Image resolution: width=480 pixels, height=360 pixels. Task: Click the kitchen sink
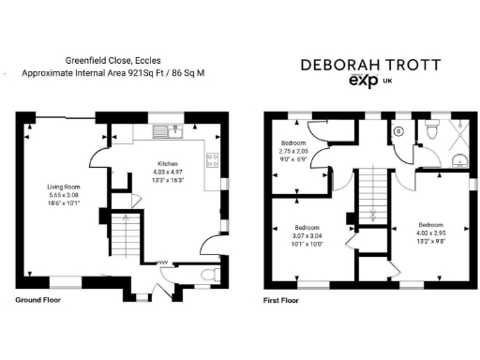click(x=169, y=131)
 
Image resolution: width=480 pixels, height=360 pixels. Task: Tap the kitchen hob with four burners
click(x=213, y=159)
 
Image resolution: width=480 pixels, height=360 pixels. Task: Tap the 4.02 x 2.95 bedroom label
click(x=431, y=232)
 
